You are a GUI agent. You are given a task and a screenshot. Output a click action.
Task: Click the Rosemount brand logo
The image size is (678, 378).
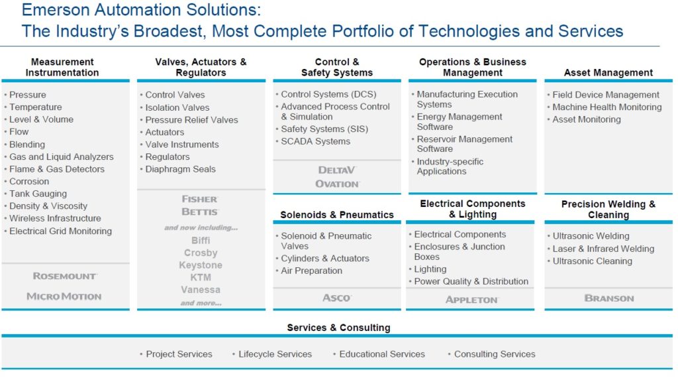65,276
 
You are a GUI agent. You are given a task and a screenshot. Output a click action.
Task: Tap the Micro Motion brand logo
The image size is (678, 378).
64,296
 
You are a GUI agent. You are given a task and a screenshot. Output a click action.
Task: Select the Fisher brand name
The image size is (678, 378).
200,199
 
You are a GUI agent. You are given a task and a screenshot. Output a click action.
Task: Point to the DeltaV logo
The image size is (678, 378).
337,170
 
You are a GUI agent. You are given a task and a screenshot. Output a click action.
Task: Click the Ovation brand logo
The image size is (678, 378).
337,184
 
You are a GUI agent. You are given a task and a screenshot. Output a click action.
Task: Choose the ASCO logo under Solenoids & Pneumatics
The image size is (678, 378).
337,298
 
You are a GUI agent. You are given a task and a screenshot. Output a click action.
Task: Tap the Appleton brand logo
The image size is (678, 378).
472,300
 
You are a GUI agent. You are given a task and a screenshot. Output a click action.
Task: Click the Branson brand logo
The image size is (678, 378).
609,298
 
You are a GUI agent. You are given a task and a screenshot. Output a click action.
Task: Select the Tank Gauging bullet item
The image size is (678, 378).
38,194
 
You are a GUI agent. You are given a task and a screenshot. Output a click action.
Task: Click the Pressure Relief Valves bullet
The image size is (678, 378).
191,119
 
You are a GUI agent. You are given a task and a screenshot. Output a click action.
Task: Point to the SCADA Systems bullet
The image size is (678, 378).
316,141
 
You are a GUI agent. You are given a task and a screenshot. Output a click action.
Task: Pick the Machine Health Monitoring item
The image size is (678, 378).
607,107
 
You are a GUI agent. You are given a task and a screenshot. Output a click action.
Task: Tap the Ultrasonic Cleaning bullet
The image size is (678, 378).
593,261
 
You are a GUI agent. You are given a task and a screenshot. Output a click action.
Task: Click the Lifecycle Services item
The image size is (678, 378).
275,353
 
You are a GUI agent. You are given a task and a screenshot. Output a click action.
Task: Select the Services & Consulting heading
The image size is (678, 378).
338,328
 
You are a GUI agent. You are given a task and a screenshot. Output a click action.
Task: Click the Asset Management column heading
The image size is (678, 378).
608,72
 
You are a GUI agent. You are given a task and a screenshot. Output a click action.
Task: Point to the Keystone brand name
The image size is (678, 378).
201,265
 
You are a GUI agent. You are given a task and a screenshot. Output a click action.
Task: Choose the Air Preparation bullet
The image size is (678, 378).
311,271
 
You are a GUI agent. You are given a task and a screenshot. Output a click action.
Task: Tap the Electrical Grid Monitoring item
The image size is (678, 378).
60,231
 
